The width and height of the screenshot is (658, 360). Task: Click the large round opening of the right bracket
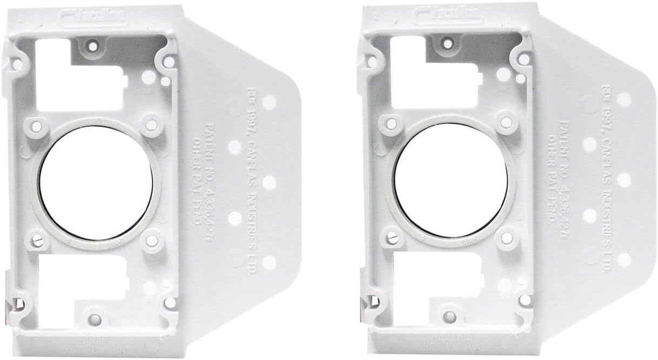click(451, 181)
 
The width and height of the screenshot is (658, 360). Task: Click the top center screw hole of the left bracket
click(93, 46)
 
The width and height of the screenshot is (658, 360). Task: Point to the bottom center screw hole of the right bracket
click(449, 316)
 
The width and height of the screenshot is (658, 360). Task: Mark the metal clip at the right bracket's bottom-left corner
click(367, 303)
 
